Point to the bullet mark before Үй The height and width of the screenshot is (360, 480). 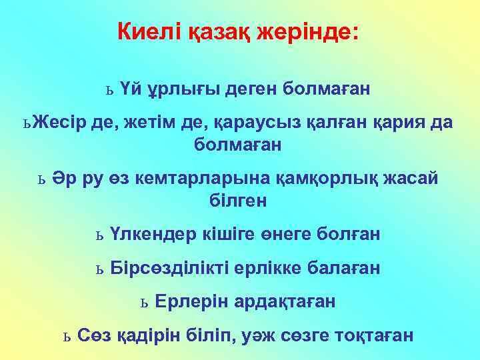click(x=110, y=89)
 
